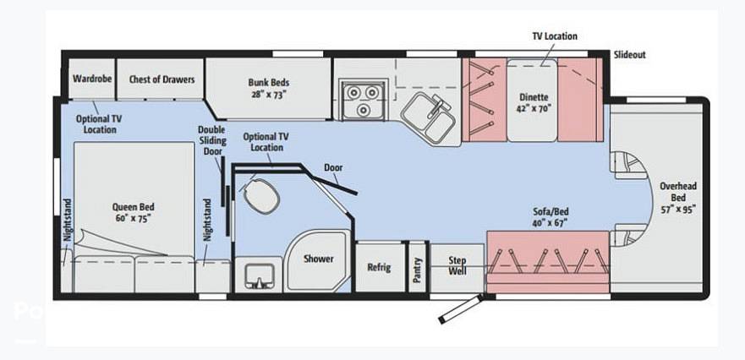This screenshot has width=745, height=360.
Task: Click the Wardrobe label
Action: [x=92, y=79]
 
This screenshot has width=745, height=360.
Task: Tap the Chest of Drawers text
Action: [x=162, y=79]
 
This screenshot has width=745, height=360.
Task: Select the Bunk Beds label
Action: [x=268, y=88]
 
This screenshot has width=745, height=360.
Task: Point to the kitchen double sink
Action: [x=429, y=117]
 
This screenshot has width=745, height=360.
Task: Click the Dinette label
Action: [x=533, y=102]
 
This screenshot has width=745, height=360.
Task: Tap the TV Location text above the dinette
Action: [x=555, y=36]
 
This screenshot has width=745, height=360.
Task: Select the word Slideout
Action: [x=629, y=55]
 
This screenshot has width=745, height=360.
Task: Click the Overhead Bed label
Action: [x=678, y=197]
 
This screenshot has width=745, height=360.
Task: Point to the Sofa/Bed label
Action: [x=551, y=216]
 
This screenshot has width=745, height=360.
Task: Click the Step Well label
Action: [x=457, y=266]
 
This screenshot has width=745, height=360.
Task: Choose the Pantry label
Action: [x=417, y=270]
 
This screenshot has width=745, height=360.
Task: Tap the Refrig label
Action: [x=379, y=267]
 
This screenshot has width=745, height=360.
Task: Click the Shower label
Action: [x=318, y=259]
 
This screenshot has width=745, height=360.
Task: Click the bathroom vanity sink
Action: [x=259, y=276]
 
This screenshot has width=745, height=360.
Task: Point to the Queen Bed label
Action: [x=134, y=213]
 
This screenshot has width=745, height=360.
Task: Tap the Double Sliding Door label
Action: [x=212, y=140]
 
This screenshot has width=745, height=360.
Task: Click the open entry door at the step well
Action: [x=461, y=308]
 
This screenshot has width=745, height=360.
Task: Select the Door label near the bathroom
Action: [x=333, y=167]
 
